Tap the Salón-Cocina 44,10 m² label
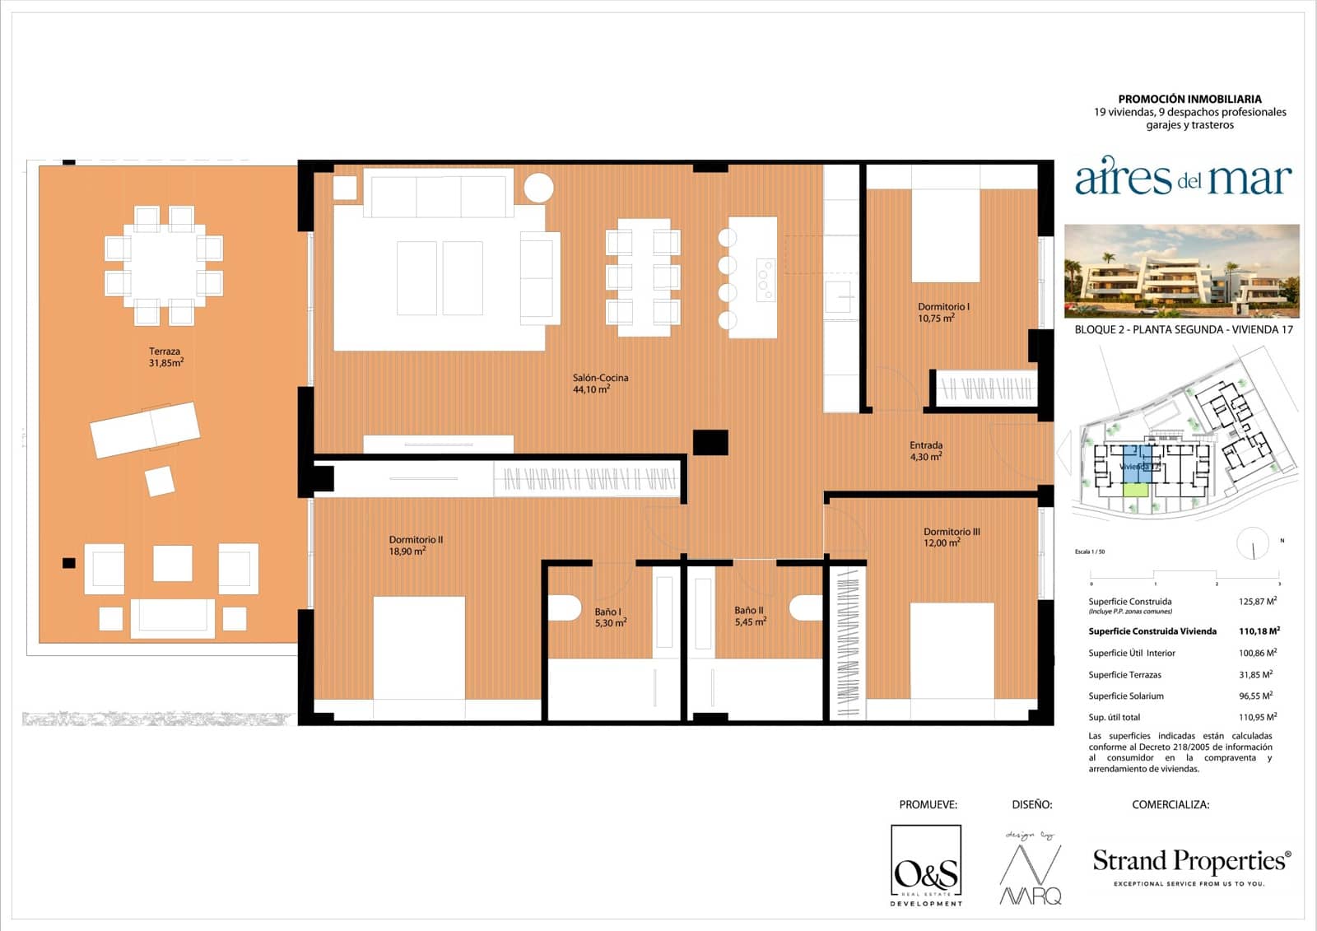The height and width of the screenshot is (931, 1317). [600, 384]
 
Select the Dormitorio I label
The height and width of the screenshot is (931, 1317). [943, 312]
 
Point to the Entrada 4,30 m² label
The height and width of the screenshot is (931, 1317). [926, 450]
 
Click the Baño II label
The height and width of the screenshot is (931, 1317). [750, 616]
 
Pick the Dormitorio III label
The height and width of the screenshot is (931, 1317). [952, 537]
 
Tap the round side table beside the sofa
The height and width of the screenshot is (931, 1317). [539, 187]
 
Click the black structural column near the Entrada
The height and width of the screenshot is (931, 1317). [710, 442]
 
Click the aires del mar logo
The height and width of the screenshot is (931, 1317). [1182, 179]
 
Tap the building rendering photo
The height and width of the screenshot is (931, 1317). [1181, 271]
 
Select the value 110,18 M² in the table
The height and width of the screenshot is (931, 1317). [1259, 631]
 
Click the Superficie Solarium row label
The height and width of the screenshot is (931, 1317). [1125, 696]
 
